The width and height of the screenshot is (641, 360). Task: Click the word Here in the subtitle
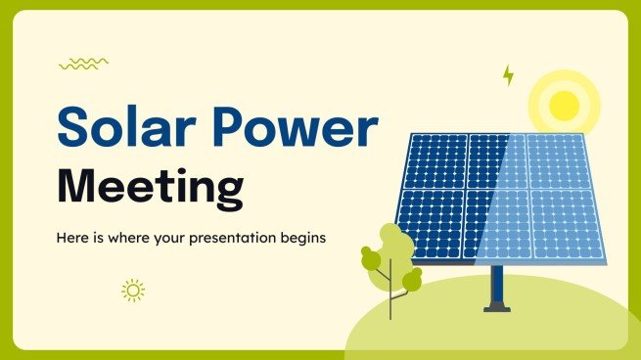pyautogui.click(x=71, y=238)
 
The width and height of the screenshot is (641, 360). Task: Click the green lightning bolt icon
pyautogui.click(x=508, y=75)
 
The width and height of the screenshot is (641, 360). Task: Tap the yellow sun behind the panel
pyautogui.click(x=564, y=103)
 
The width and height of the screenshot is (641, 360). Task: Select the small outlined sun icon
pyautogui.click(x=133, y=290)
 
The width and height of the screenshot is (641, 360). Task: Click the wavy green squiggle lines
pyautogui.click(x=83, y=64)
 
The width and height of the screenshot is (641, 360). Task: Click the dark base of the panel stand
pyautogui.click(x=497, y=308)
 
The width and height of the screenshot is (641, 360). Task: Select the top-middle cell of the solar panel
pyautogui.click(x=496, y=159)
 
